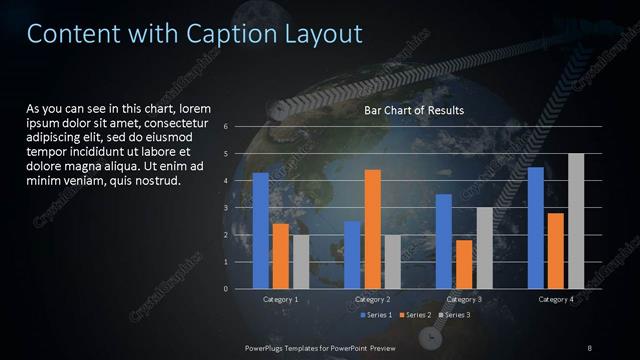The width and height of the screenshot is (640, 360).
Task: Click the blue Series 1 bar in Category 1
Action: coord(261,230)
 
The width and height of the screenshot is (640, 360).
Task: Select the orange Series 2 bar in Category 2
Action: coord(372,229)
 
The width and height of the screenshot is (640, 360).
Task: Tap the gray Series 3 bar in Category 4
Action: coord(576,221)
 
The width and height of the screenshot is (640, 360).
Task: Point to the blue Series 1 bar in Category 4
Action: coord(536,227)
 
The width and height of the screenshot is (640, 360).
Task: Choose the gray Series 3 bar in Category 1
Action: coord(301,261)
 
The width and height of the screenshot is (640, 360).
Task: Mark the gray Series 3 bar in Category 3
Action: coord(484,247)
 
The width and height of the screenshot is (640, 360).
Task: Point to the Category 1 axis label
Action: coord(280,299)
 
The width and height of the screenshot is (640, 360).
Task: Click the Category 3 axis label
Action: coord(464,299)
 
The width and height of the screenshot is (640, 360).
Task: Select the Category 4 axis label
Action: coord(556,299)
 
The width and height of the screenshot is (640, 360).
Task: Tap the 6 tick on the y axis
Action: coord(227,127)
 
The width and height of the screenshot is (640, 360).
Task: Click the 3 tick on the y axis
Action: coord(227,208)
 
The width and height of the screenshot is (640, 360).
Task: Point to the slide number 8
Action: coord(590,346)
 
